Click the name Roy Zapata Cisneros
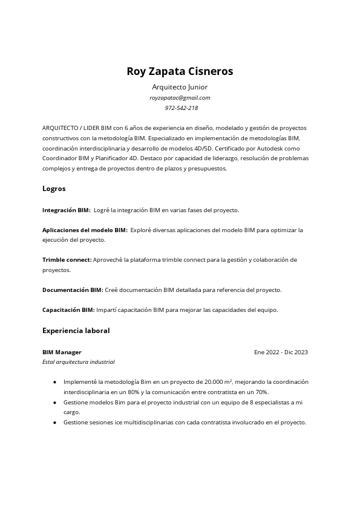(180, 71)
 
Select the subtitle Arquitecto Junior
(180, 87)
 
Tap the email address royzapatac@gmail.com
(180, 97)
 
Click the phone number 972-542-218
(181, 108)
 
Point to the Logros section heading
(54, 189)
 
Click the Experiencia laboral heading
(76, 331)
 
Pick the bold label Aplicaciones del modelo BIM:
(85, 230)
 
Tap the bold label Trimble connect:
(67, 260)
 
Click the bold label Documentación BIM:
(73, 290)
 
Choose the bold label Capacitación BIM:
(68, 310)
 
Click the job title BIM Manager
(62, 352)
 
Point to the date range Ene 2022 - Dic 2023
(281, 352)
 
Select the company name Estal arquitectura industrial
(79, 362)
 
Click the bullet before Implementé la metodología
(55, 382)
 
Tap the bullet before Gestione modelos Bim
(55, 402)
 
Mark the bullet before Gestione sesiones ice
(55, 423)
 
